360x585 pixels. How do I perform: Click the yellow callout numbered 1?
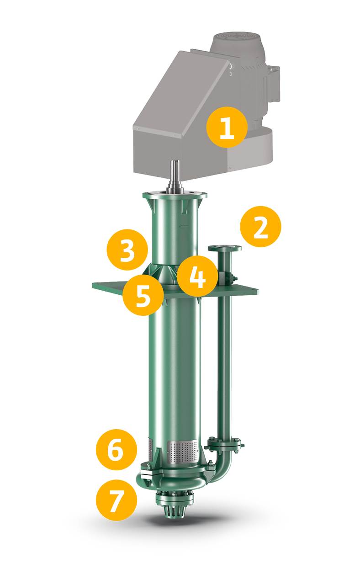coord(227,127)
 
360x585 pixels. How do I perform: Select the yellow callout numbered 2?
coord(260,226)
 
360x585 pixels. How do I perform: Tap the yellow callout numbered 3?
coord(127,250)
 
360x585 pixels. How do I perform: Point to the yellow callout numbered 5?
coord(143,295)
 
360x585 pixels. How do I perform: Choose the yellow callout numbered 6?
coord(116,449)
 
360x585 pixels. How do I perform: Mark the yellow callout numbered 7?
coord(116,500)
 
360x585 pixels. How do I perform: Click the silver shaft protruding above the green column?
coord(175,177)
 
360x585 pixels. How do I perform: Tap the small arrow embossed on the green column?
coord(184,226)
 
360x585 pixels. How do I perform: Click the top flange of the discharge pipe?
coord(224,248)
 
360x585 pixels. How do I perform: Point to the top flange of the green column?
coord(175,195)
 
